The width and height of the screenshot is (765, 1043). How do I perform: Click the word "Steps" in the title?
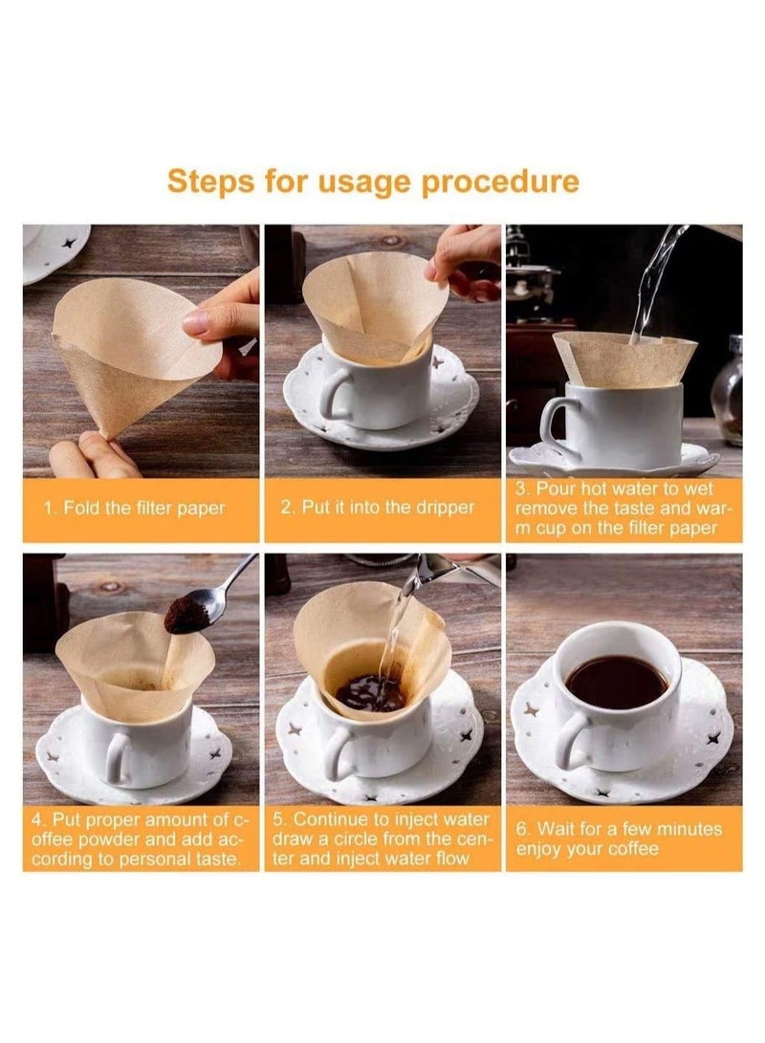point(210,181)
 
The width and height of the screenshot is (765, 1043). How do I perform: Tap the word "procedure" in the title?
point(500,183)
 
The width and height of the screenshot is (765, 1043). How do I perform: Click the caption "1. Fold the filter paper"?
point(135,509)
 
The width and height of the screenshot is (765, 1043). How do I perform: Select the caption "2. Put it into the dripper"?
point(378,508)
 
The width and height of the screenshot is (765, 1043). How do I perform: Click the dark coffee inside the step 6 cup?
point(617,681)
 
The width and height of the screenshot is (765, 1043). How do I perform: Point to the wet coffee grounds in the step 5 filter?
point(370,692)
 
